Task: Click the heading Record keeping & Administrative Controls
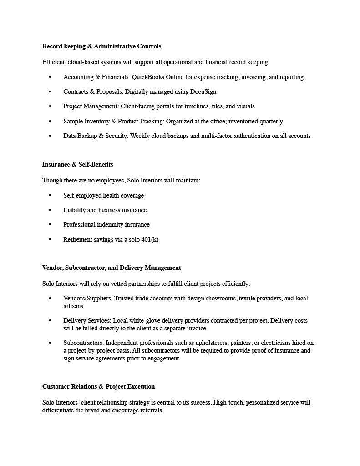click(101, 46)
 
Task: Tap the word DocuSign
click(203, 91)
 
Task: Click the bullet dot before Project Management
click(50, 106)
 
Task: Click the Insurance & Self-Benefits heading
click(77, 164)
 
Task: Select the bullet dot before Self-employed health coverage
click(50, 196)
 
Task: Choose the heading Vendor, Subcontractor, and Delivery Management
click(112, 268)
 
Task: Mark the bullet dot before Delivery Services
click(50, 321)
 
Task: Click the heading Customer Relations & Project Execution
click(98, 386)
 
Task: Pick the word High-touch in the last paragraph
click(228, 402)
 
